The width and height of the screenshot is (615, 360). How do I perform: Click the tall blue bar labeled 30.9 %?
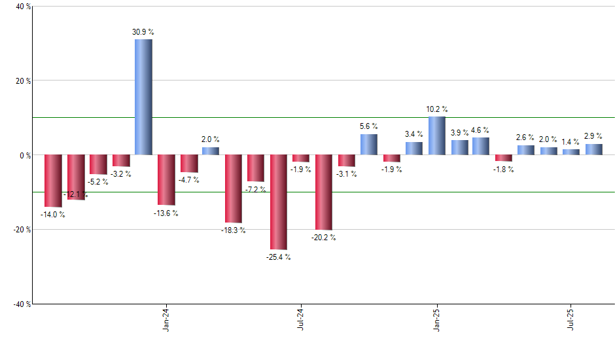(143, 97)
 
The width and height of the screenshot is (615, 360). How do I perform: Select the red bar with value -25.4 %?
(279, 202)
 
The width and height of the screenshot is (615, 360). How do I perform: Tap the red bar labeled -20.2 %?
(324, 192)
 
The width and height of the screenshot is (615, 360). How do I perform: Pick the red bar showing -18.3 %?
(234, 189)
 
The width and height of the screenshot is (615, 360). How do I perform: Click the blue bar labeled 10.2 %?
(436, 135)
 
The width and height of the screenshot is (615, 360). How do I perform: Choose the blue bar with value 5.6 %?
(369, 144)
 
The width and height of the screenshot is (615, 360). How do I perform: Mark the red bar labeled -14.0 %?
(53, 181)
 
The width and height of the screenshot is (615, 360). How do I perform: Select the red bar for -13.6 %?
(166, 180)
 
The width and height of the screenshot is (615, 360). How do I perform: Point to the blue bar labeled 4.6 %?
(481, 146)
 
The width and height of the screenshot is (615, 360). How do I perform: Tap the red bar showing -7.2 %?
(256, 168)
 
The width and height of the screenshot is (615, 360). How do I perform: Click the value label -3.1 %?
(347, 174)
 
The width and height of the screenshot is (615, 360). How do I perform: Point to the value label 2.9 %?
(593, 136)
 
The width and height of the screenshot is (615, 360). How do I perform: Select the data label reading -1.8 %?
(504, 170)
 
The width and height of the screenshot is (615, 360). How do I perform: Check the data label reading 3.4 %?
(413, 134)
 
